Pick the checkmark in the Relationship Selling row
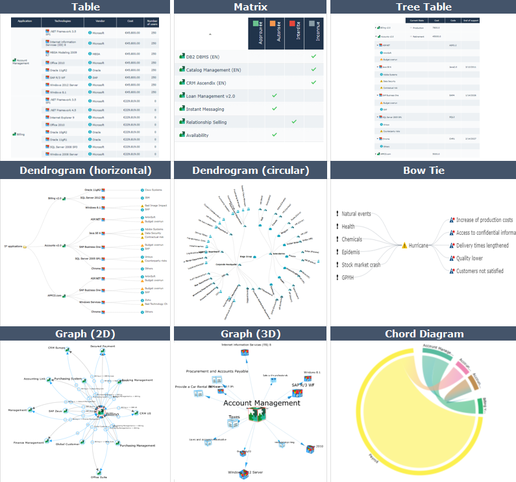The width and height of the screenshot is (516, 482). pos(294,121)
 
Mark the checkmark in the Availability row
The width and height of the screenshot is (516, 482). pos(275,134)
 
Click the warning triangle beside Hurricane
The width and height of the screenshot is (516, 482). pos(404,246)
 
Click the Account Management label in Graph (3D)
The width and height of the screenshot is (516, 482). pos(262,403)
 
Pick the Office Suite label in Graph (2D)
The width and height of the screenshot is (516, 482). pos(99,477)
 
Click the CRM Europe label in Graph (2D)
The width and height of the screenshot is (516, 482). pos(59,348)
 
